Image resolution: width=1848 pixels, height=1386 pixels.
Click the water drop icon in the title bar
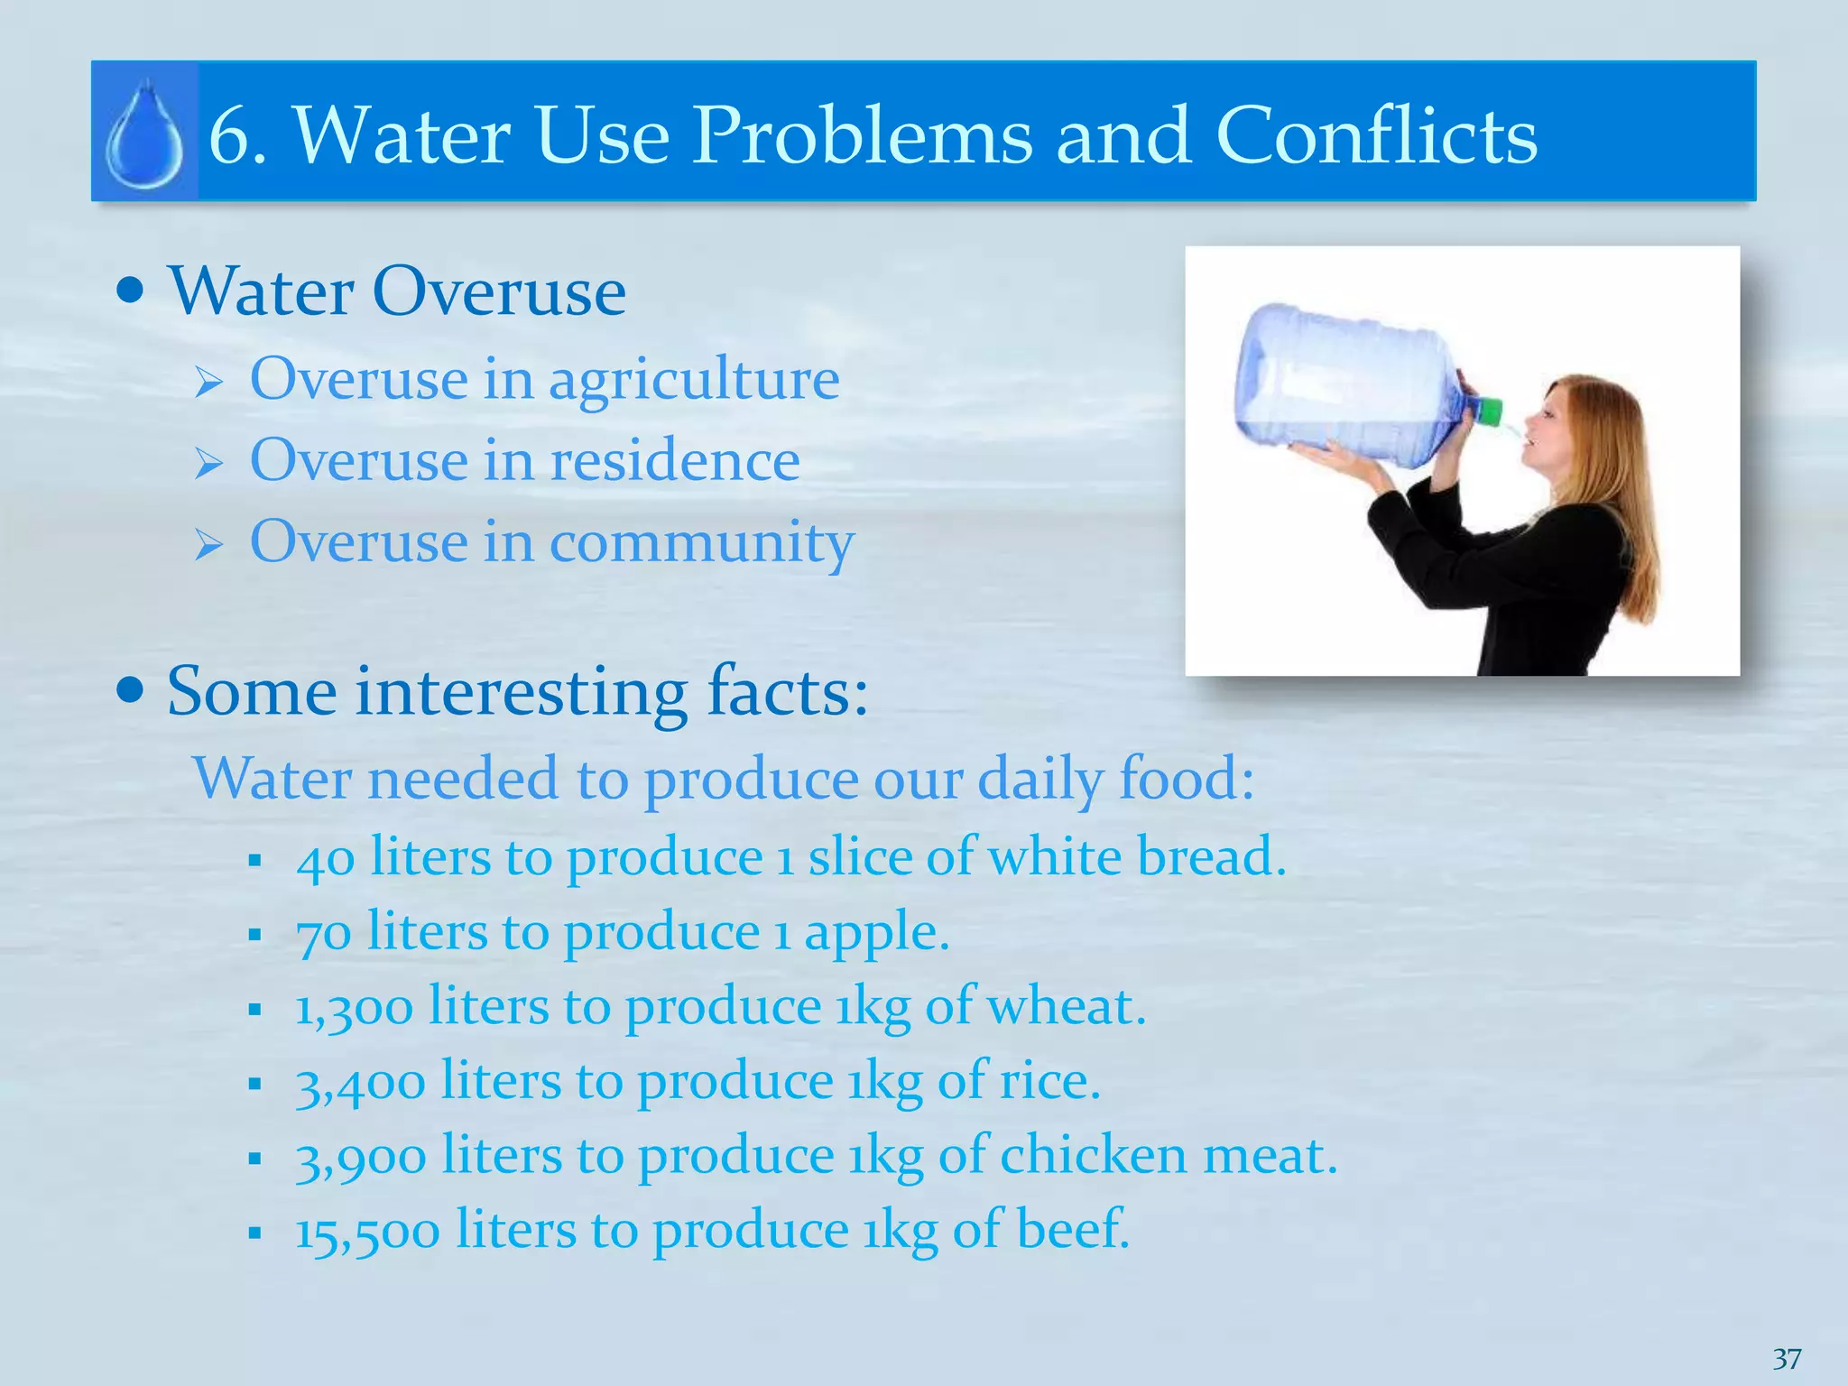pyautogui.click(x=144, y=134)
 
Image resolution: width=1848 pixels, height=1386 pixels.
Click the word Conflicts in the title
pyautogui.click(x=1376, y=135)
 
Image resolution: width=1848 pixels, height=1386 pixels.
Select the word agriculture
pyautogui.click(x=694, y=380)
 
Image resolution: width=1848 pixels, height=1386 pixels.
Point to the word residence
pyautogui.click(x=675, y=460)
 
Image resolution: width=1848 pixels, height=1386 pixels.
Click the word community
pyautogui.click(x=701, y=543)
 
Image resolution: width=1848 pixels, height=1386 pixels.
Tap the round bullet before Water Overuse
pyautogui.click(x=131, y=291)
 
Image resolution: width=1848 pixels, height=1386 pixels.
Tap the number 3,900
pyautogui.click(x=360, y=1157)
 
